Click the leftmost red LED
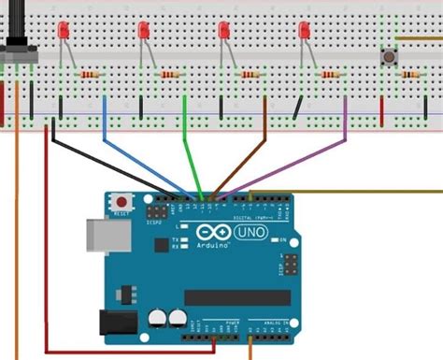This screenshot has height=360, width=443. coord(62,32)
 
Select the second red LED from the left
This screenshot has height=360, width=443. coord(143,32)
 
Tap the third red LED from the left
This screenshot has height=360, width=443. coord(223,32)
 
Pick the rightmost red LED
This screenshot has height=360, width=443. coord(304,32)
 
